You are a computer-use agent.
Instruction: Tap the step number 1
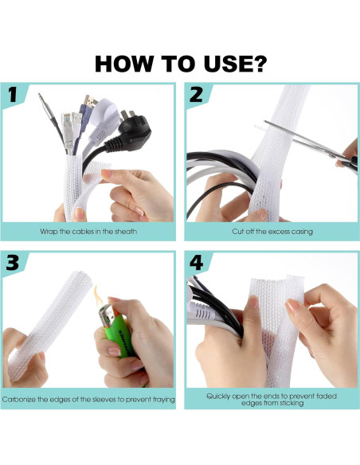(12, 95)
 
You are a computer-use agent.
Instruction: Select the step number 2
(196, 95)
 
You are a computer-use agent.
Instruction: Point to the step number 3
(13, 263)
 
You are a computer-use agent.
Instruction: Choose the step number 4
(196, 263)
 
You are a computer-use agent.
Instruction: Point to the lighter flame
(98, 295)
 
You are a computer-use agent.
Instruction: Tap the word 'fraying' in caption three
(164, 400)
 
